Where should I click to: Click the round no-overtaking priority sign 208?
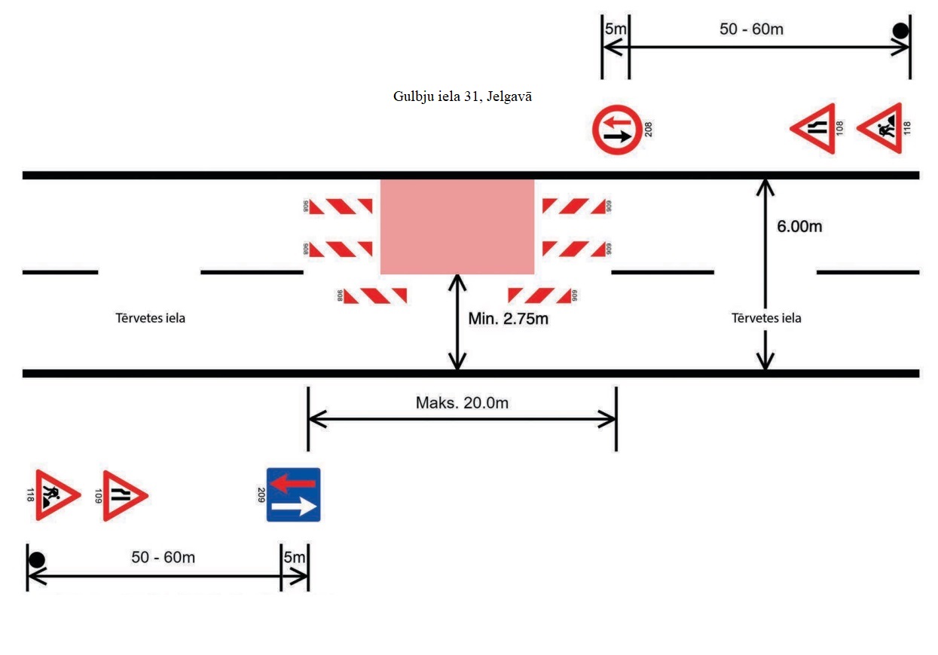tap(617, 130)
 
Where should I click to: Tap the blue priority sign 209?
tap(294, 494)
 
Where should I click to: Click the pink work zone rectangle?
tap(457, 227)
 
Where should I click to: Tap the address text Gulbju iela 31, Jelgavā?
tap(463, 96)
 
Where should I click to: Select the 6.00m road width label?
tap(799, 226)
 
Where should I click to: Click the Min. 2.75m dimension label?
tap(508, 319)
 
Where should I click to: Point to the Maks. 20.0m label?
tap(462, 402)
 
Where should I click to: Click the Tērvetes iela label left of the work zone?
tap(151, 318)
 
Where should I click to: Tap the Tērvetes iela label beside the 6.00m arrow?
tap(766, 318)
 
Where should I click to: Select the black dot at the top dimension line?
tap(900, 31)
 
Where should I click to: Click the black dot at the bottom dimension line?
tap(36, 560)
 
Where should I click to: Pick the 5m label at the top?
tap(615, 29)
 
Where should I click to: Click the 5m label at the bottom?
tap(295, 558)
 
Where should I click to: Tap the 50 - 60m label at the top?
tap(751, 29)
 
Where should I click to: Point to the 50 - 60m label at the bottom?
tap(163, 558)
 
